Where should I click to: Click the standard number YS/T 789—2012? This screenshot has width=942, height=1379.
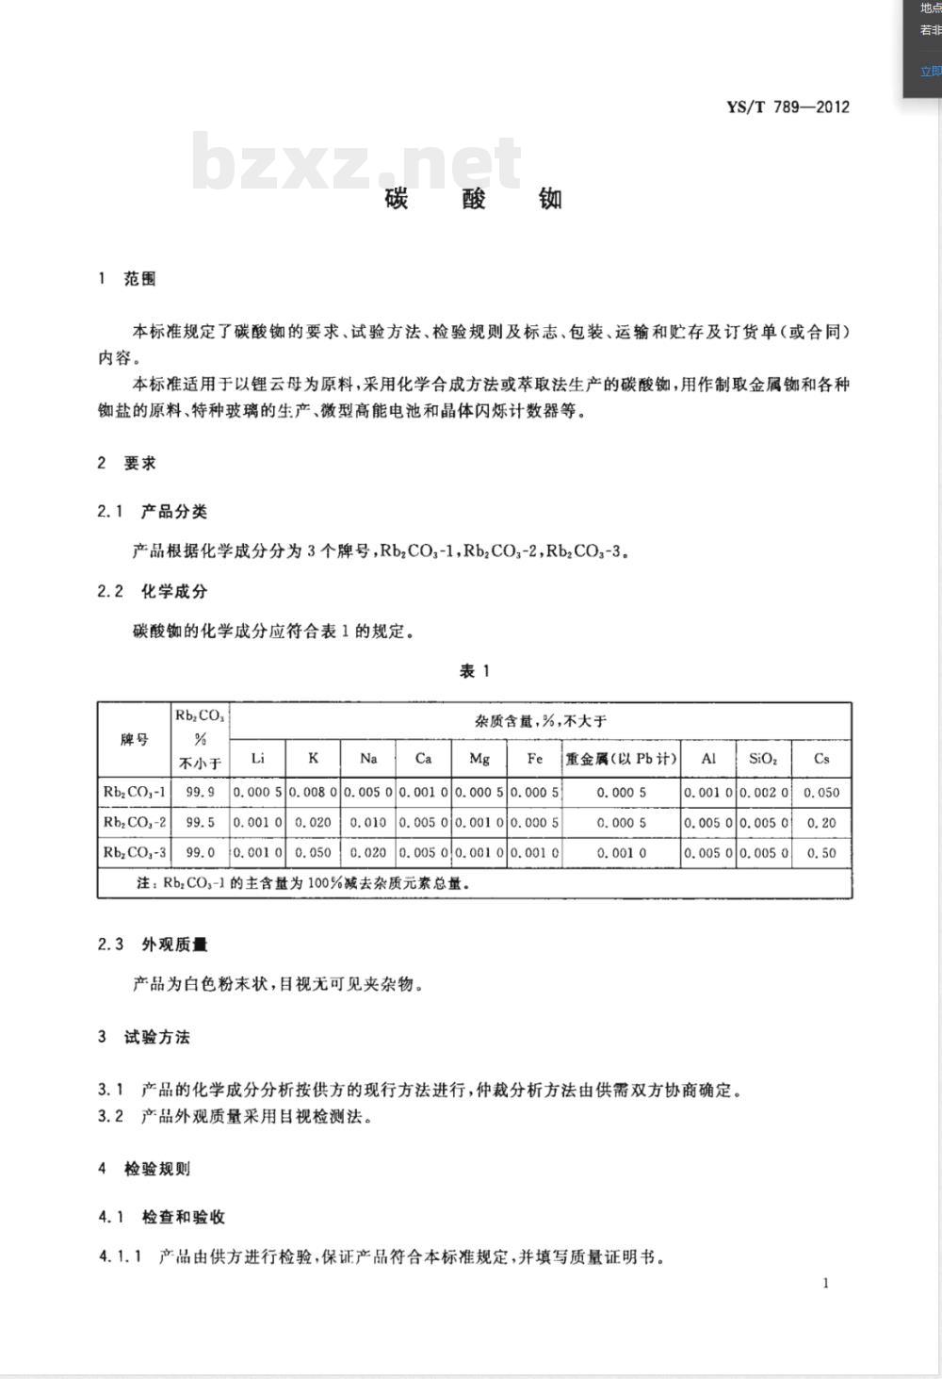(788, 107)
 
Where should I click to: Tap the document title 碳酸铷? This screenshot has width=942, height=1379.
(474, 198)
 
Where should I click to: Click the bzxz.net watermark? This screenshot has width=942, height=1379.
(356, 161)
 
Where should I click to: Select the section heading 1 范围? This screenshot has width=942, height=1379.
(127, 279)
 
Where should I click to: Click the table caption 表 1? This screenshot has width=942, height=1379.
(474, 671)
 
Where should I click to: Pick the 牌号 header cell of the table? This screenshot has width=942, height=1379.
(134, 740)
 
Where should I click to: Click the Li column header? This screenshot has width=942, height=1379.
(257, 758)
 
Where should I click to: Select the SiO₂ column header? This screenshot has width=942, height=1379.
(762, 758)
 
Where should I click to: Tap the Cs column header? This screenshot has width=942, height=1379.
(821, 758)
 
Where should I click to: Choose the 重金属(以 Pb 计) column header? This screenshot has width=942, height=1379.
(621, 758)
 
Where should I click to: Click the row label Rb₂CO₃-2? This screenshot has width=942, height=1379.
(134, 823)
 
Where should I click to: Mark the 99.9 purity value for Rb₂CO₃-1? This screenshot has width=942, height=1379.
(200, 793)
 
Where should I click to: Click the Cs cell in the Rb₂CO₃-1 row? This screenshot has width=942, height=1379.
(821, 793)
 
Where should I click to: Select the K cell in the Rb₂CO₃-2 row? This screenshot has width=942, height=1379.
(313, 823)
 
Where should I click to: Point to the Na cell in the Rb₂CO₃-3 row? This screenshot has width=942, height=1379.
(368, 853)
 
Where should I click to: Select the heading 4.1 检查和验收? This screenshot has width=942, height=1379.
(162, 1217)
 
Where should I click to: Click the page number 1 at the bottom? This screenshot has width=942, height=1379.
(826, 1283)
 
